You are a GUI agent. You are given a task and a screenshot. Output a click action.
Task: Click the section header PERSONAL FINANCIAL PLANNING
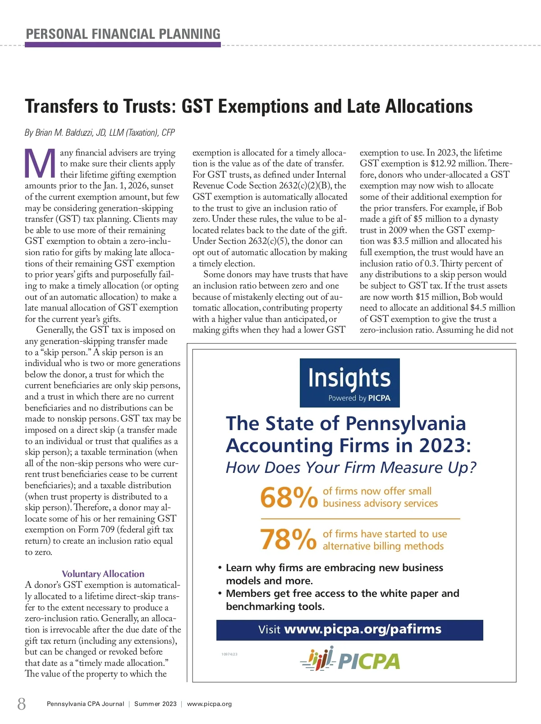[x=123, y=34]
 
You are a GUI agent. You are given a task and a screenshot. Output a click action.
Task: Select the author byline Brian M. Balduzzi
[x=100, y=133]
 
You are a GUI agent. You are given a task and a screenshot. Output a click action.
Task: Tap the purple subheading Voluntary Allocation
[x=103, y=574]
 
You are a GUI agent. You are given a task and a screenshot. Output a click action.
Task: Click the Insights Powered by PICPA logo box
[x=349, y=383]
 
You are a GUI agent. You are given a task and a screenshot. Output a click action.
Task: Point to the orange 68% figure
[x=289, y=498]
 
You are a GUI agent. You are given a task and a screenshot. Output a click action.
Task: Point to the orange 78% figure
[x=289, y=540]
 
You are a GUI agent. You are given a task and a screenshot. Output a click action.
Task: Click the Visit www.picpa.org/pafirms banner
[x=349, y=630]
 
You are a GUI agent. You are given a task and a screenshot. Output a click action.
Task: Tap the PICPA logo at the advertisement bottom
[x=350, y=660]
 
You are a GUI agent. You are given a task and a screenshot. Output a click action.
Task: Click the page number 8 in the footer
[x=22, y=704]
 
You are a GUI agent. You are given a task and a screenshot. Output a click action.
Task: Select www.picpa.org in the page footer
[x=209, y=704]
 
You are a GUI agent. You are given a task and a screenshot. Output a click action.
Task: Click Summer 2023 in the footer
[x=156, y=704]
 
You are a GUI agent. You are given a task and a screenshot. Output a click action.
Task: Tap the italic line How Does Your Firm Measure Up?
[x=351, y=467]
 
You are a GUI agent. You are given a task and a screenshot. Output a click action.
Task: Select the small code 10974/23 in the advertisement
[x=229, y=654]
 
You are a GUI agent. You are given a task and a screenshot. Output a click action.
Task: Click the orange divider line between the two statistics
[x=360, y=519]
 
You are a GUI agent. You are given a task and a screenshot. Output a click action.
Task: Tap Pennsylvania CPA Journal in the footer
[x=85, y=704]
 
